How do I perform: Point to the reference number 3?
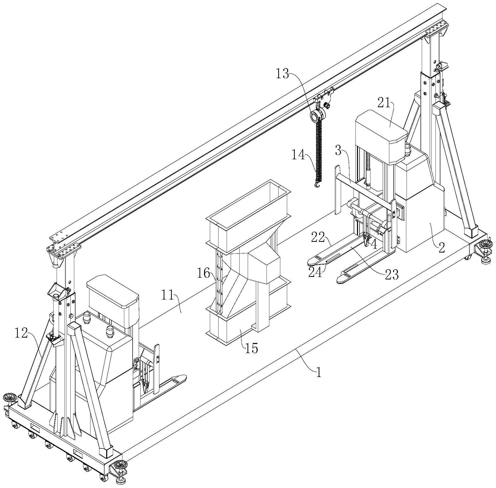[x=339, y=151]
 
